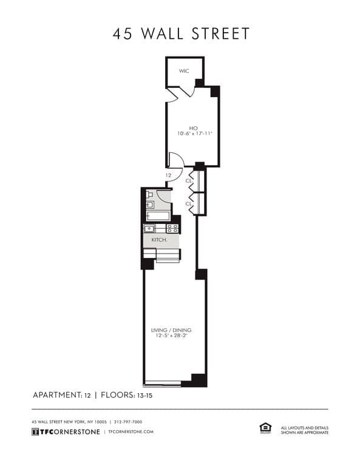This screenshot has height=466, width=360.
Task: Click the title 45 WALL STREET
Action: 180,33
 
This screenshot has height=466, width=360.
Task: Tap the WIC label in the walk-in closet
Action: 183,71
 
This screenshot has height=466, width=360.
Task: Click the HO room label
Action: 193,127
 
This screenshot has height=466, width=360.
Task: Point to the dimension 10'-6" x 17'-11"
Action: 193,133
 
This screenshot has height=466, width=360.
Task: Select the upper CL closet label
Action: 189,180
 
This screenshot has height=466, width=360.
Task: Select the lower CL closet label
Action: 189,204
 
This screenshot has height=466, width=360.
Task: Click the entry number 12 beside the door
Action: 168,175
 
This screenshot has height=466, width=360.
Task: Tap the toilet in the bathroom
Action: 149,195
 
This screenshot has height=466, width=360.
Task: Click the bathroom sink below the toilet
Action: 149,205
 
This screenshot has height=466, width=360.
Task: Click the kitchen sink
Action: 149,229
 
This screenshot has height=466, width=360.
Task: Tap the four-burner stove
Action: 172,229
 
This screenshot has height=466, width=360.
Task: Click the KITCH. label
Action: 159,240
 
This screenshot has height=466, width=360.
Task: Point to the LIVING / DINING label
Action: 171,330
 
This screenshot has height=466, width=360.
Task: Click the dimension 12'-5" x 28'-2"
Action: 171,336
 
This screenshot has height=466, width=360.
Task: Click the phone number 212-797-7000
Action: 128,422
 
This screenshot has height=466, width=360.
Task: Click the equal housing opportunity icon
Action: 265,428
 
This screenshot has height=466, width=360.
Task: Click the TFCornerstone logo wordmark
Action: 66,431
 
